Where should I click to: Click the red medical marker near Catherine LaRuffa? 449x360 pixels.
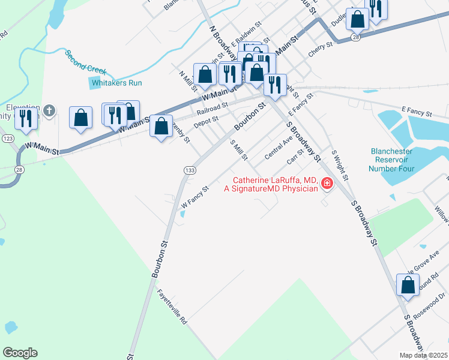tap(327, 184)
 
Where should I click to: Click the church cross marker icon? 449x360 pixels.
tap(49, 111)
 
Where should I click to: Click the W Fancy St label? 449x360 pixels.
tap(194, 196)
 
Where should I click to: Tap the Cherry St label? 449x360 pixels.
tap(321, 52)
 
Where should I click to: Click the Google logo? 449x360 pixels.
tap(20, 353)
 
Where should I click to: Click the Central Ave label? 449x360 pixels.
tap(279, 147)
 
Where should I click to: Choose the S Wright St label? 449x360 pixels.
tap(340, 166)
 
